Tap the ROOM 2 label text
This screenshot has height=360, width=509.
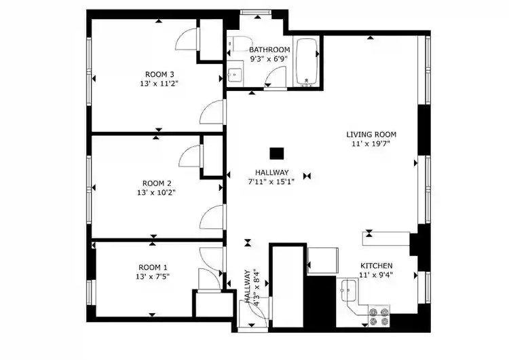click(157, 183)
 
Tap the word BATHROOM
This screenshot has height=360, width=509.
click(269, 50)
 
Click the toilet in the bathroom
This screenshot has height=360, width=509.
click(235, 45)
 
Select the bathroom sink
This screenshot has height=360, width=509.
click(235, 74)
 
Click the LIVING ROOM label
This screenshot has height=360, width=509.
click(371, 134)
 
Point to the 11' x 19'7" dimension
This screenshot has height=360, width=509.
click(371, 144)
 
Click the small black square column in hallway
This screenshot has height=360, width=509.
click(276, 154)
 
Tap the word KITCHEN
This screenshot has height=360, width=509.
click(376, 266)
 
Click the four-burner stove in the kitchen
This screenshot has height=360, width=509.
click(379, 314)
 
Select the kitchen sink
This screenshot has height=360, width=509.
click(348, 290)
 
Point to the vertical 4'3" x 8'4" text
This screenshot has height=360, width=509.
click(250, 287)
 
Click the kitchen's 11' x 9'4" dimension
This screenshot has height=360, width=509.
click(376, 275)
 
